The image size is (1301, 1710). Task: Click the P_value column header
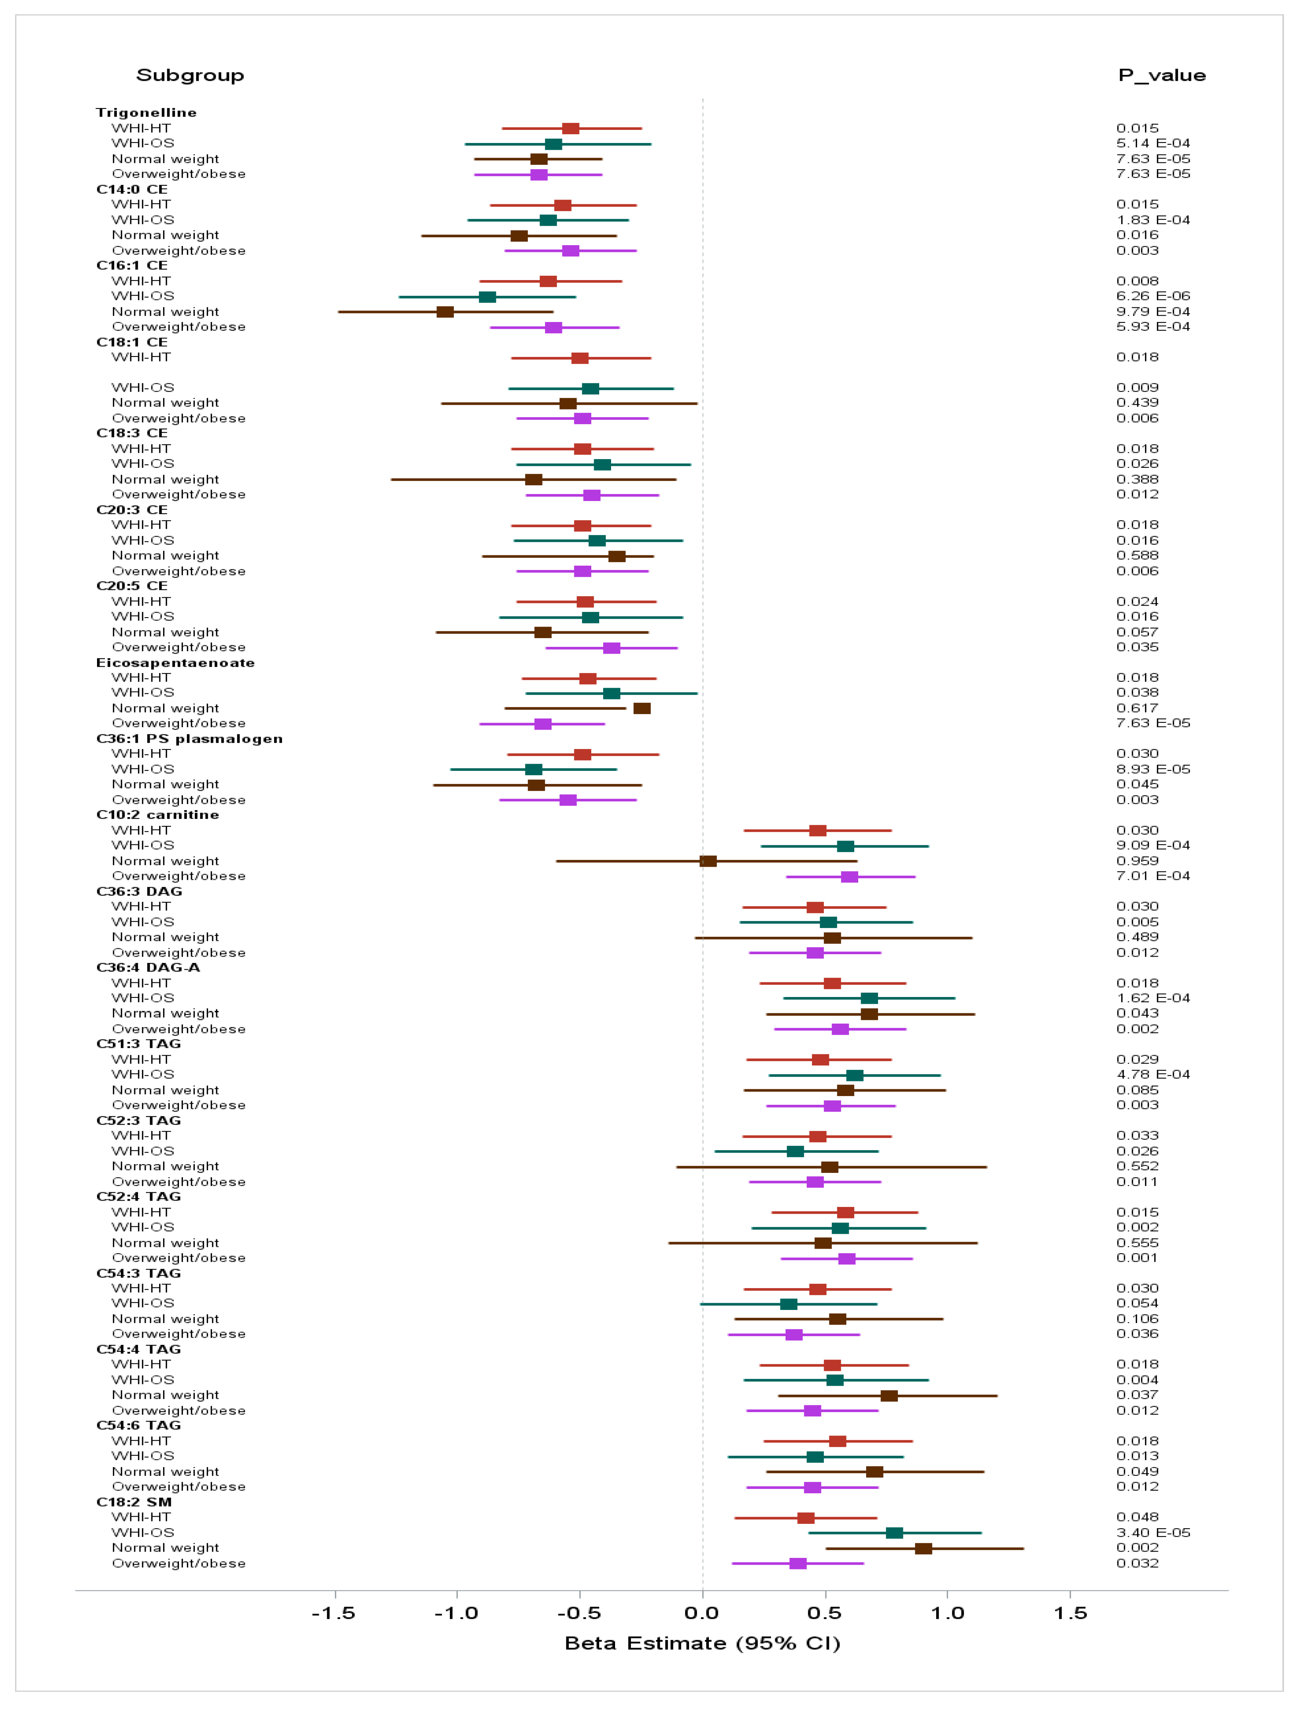(1162, 75)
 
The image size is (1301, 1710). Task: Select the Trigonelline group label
(147, 113)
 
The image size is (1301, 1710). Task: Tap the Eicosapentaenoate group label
(175, 663)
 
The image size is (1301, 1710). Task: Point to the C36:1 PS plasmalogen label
(189, 739)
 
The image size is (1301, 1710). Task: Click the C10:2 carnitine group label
(157, 815)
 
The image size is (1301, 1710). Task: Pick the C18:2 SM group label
(134, 1502)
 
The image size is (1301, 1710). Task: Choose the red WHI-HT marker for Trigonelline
(571, 129)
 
